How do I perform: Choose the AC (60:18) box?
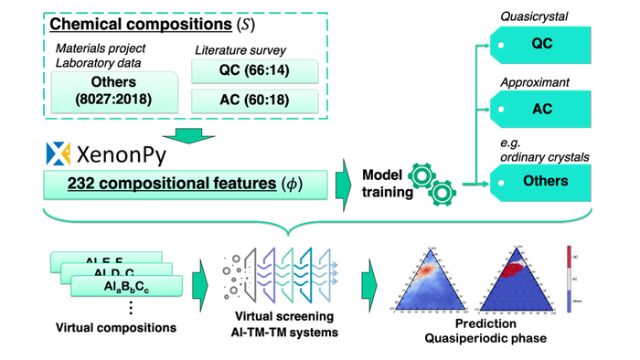tap(253, 101)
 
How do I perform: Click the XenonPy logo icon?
tap(58, 151)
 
